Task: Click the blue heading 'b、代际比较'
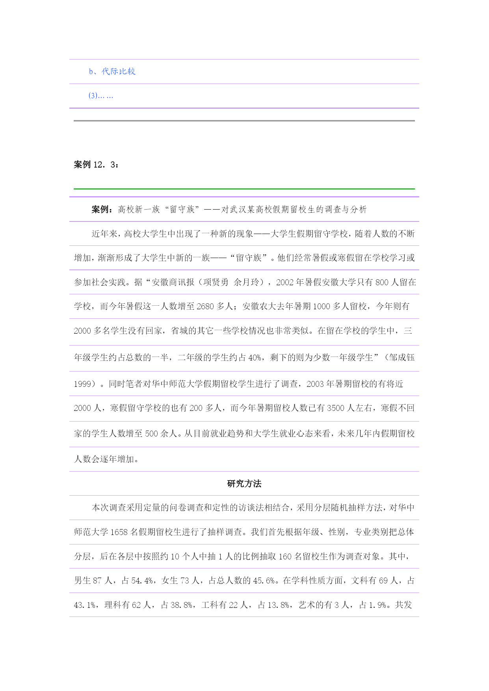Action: pyautogui.click(x=112, y=71)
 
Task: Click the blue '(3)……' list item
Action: pyautogui.click(x=101, y=96)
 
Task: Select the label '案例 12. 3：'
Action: pyautogui.click(x=96, y=165)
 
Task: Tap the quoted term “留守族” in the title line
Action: pyautogui.click(x=182, y=210)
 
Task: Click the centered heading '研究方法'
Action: pyautogui.click(x=244, y=484)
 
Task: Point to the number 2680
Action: pyautogui.click(x=205, y=306)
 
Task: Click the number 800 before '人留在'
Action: pyautogui.click(x=382, y=282)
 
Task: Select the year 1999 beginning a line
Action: pyautogui.click(x=83, y=384)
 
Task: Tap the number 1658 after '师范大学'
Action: pyautogui.click(x=119, y=532)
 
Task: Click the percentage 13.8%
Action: pyautogui.click(x=279, y=605)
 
